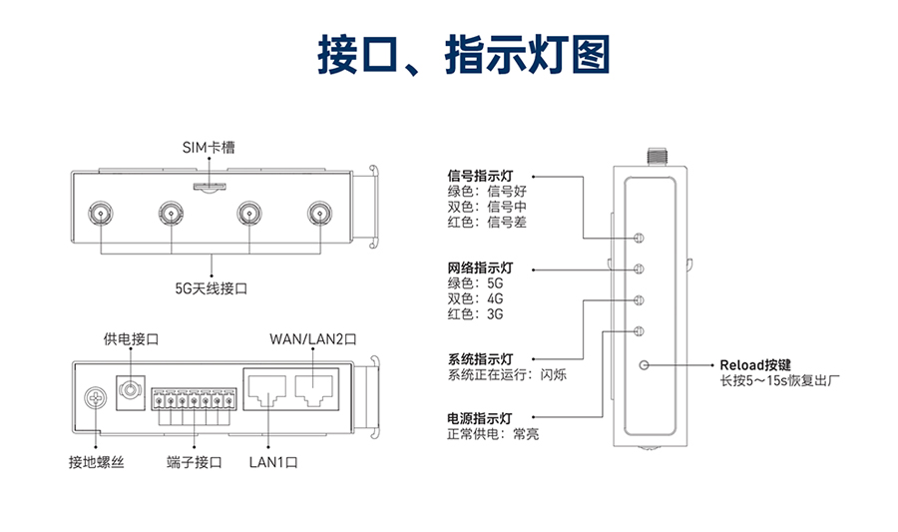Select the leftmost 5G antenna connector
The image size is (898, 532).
pyautogui.click(x=101, y=213)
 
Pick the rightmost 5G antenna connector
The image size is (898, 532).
pyautogui.click(x=320, y=213)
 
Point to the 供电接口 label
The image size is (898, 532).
pyautogui.click(x=131, y=339)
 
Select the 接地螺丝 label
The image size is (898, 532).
pyautogui.click(x=96, y=463)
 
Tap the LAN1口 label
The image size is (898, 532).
pyautogui.click(x=272, y=463)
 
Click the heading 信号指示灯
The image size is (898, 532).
pyautogui.click(x=480, y=177)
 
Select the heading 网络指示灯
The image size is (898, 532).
pyautogui.click(x=480, y=267)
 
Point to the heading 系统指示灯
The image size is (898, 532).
pyautogui.click(x=480, y=358)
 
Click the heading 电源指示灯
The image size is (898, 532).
pyautogui.click(x=480, y=417)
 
